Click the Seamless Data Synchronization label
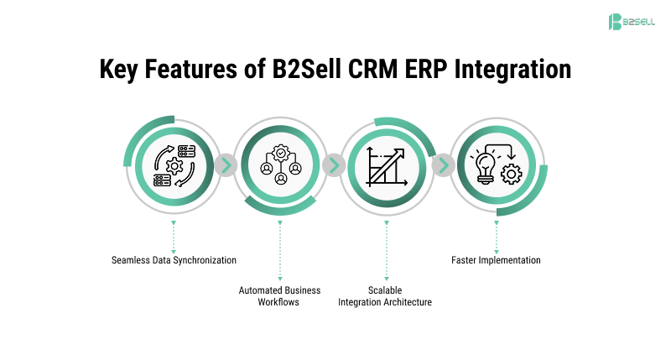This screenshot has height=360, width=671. coord(174,260)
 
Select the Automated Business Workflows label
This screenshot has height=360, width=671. coord(279,296)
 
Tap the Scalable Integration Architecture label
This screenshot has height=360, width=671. coord(385,296)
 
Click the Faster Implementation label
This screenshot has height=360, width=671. coord(496,260)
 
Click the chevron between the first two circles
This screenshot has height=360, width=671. coord(226,165)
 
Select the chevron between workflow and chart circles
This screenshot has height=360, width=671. coord(333,165)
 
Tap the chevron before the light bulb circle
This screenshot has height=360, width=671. coord(442,165)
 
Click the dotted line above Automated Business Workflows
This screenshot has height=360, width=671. coord(279,253)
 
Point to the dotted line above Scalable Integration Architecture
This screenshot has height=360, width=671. coord(386,253)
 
